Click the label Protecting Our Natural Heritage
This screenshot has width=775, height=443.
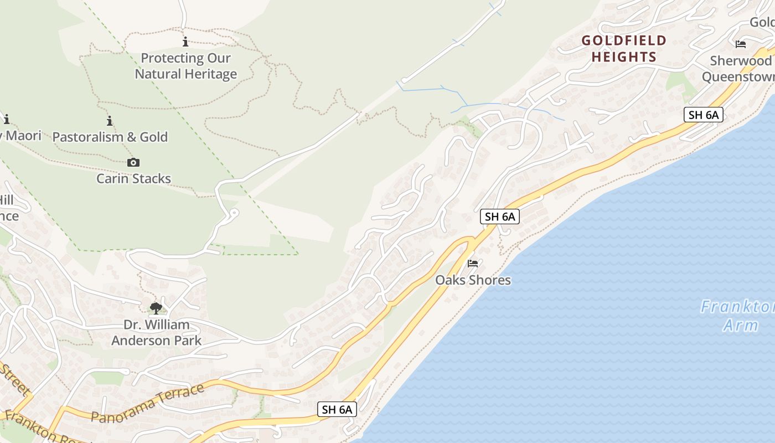[x=186, y=66]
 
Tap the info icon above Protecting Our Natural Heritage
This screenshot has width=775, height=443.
[x=185, y=42]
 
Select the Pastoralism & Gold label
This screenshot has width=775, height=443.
[x=110, y=137]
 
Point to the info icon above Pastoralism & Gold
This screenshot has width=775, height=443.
[x=110, y=121]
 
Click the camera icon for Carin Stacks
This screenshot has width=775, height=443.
[x=133, y=162]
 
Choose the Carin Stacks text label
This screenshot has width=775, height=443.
[x=133, y=178]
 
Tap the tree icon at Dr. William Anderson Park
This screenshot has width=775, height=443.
[x=156, y=308]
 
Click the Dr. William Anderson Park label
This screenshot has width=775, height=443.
[x=157, y=332]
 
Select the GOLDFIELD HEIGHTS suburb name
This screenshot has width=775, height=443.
[x=624, y=48]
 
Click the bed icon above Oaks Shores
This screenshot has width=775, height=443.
[x=473, y=264]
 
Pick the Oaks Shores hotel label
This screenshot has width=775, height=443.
[x=473, y=280]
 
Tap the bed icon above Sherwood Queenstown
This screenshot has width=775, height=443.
[x=741, y=44]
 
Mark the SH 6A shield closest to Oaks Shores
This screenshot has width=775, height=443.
[x=500, y=217]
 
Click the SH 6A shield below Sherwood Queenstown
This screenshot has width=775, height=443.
[x=704, y=115]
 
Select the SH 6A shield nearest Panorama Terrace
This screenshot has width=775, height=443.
[x=337, y=409]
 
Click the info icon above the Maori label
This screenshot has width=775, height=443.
[x=7, y=119]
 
